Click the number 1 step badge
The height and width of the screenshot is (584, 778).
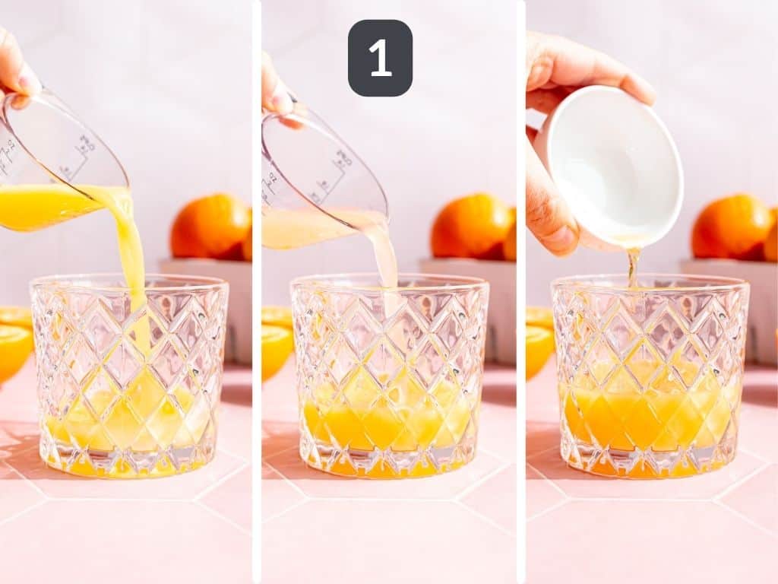380,58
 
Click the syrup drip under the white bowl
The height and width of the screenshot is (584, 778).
632,266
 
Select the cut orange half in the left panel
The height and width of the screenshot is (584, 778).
14,346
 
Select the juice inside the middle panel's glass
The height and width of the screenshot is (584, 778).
387,422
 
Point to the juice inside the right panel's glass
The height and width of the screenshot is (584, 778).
650,414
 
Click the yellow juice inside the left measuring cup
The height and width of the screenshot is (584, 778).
42,207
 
